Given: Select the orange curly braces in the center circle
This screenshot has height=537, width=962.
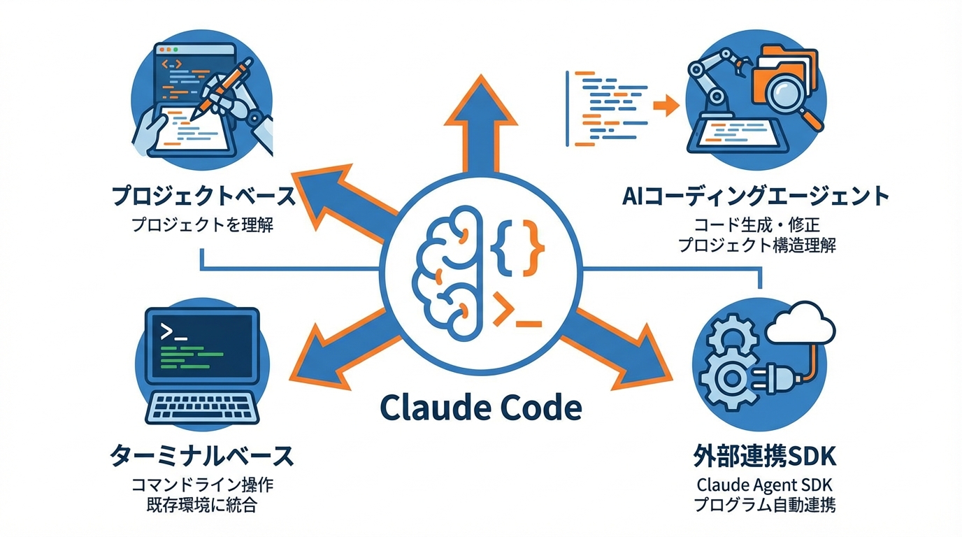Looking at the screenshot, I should pyautogui.click(x=518, y=245).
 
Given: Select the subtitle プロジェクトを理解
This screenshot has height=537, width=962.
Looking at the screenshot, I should pyautogui.click(x=202, y=225).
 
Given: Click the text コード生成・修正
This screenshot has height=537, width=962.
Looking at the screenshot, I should pyautogui.click(x=756, y=225).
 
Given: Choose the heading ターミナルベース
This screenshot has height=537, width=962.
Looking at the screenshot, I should pyautogui.click(x=202, y=457).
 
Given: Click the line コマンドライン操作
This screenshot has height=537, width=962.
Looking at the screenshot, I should pyautogui.click(x=202, y=485).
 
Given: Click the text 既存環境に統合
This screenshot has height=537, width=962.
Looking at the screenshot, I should pyautogui.click(x=202, y=505).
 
